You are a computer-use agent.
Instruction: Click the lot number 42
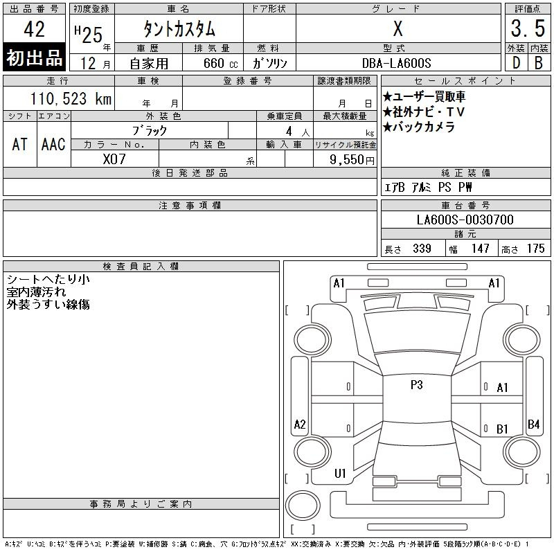tap(34, 29)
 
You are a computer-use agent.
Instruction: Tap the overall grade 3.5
tap(528, 28)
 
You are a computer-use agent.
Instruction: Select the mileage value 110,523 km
tap(71, 99)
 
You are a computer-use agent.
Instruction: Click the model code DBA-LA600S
tap(396, 63)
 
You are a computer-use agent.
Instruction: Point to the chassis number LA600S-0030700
tap(465, 220)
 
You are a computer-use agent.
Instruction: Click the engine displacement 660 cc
tap(220, 64)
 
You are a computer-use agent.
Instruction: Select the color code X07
tap(114, 159)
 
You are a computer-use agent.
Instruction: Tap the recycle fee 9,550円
tap(352, 160)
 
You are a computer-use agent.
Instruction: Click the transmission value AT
tap(19, 145)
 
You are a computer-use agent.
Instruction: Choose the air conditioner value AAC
tap(53, 145)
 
